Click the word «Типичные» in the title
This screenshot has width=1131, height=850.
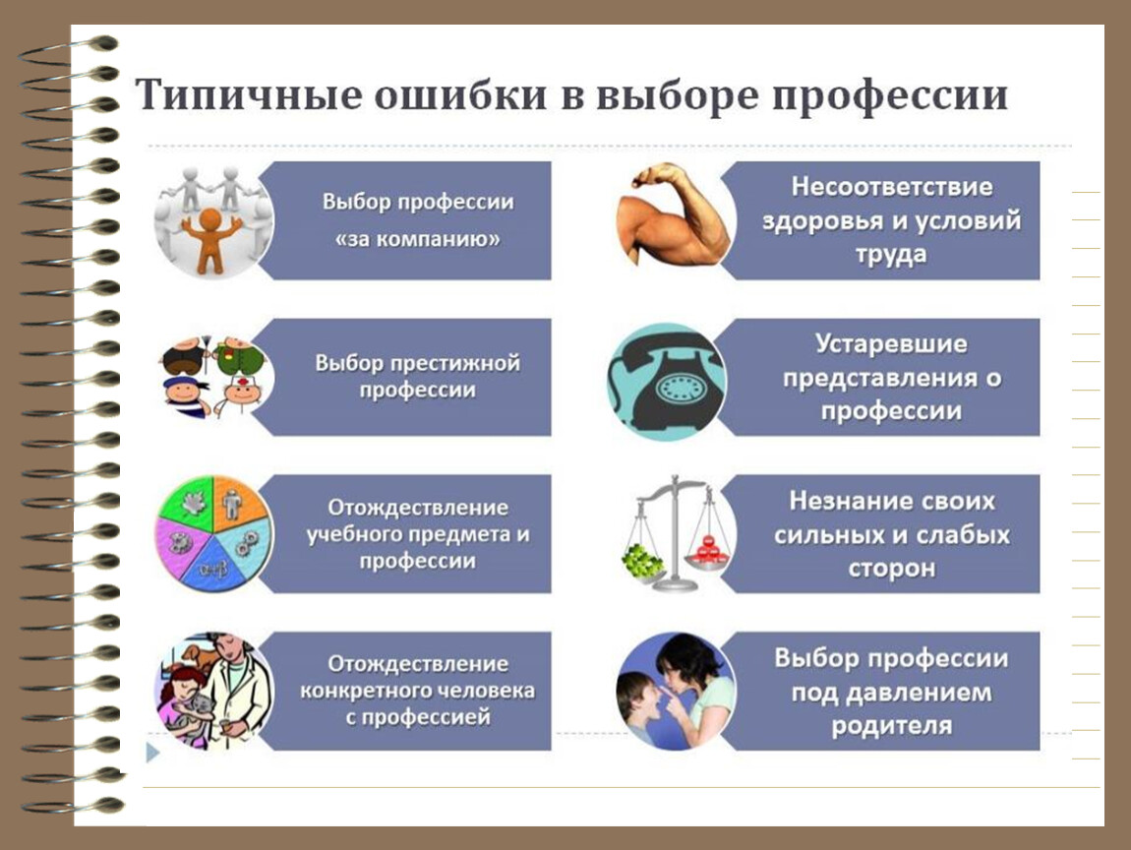(x=249, y=94)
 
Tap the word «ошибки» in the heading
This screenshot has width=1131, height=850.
(x=461, y=94)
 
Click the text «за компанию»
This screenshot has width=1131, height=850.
(x=418, y=239)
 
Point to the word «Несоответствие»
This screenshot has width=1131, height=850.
(x=892, y=187)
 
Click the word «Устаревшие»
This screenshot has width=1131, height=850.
(x=892, y=343)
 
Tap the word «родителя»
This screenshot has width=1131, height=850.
(x=892, y=725)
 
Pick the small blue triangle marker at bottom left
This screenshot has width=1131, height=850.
(x=152, y=753)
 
